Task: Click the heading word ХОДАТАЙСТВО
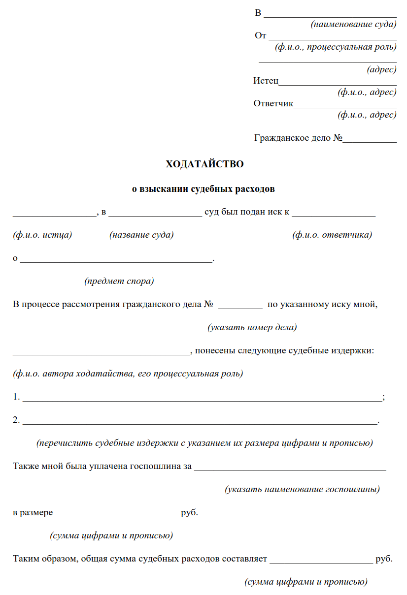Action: click(204, 164)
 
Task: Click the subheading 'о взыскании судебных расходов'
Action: click(203, 188)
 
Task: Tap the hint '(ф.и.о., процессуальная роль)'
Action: click(336, 47)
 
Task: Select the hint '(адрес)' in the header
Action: click(381, 70)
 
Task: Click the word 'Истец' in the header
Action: click(266, 81)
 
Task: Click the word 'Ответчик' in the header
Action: click(273, 103)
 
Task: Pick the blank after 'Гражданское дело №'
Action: click(370, 139)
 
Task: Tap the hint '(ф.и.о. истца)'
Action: click(42, 235)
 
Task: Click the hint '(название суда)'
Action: click(141, 235)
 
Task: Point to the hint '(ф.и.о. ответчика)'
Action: click(332, 235)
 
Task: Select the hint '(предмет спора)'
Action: click(119, 282)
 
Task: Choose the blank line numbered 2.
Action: click(200, 421)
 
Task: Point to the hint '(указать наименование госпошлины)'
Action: click(302, 490)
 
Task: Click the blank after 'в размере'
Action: click(117, 513)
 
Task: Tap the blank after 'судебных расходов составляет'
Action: click(321, 560)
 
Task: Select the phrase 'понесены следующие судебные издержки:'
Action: click(284, 351)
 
